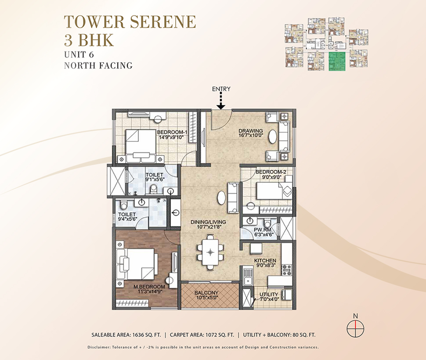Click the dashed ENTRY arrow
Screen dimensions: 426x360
(x=221, y=101)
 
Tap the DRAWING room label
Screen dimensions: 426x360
(x=251, y=130)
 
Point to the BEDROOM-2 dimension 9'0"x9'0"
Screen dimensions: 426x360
(x=271, y=177)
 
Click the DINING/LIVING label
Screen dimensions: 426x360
(x=208, y=222)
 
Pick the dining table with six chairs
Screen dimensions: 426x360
(x=210, y=252)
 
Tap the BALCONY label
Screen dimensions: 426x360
(x=206, y=293)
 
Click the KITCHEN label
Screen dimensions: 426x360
(x=265, y=261)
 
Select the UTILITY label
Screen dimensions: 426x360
(x=269, y=295)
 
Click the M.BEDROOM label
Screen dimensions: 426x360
(x=149, y=287)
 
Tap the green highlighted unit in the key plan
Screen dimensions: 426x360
(x=337, y=61)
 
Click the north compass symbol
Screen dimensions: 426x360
(x=355, y=328)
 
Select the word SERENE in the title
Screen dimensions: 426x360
(x=163, y=22)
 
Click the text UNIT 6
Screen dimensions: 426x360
(x=79, y=54)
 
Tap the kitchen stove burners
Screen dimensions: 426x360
(x=287, y=270)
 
